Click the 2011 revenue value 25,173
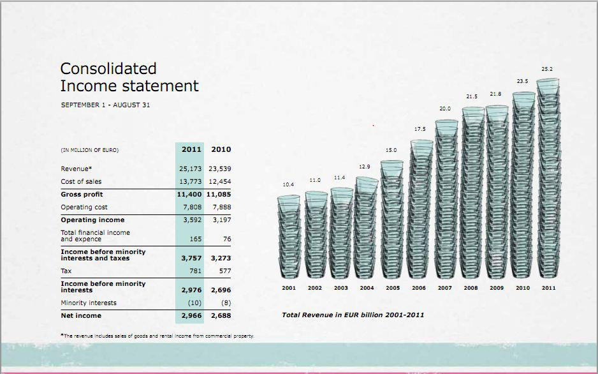(x=190, y=168)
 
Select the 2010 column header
(x=221, y=149)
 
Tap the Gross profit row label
(x=82, y=194)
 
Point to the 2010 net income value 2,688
(x=221, y=315)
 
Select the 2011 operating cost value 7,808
(x=190, y=207)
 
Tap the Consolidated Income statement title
(x=129, y=77)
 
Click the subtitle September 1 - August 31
(x=105, y=105)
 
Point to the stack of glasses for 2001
(x=289, y=236)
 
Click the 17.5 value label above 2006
(x=419, y=129)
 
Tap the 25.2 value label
(x=547, y=68)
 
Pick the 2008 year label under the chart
(x=470, y=288)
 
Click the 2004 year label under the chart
(x=367, y=288)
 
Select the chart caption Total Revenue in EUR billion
(x=353, y=315)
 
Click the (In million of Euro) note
(x=89, y=150)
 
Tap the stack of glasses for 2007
(x=446, y=198)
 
